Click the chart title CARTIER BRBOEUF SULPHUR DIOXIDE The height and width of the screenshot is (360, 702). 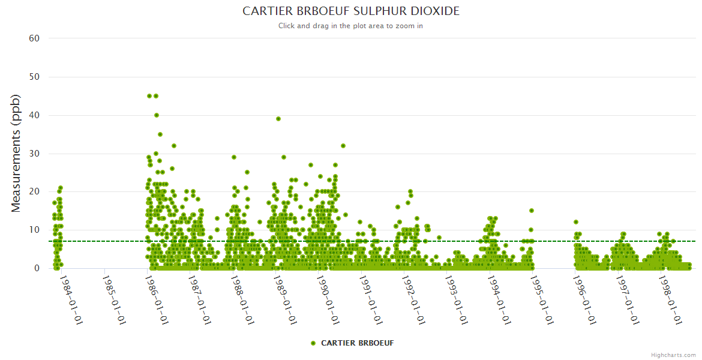tap(351, 11)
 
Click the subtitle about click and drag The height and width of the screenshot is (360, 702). tap(351, 26)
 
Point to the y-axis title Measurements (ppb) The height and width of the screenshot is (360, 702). tap(16, 153)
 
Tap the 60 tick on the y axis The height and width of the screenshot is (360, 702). tap(34, 38)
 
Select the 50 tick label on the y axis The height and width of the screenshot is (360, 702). tap(34, 77)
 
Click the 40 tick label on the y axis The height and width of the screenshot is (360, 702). tap(34, 115)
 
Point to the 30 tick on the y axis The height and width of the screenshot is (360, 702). tap(34, 154)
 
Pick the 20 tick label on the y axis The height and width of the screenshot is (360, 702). tap(34, 192)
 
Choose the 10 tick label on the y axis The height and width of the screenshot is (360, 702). tap(34, 230)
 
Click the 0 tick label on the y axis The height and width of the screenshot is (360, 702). tap(37, 268)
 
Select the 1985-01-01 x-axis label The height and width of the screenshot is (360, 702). tap(113, 299)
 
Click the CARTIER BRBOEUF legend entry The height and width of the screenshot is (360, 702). tap(353, 343)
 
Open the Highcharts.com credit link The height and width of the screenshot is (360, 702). tap(673, 355)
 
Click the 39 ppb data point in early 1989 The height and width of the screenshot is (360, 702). tap(278, 119)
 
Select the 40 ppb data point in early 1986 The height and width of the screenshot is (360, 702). tap(157, 115)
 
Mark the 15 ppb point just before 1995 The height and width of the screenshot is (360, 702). tap(531, 211)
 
